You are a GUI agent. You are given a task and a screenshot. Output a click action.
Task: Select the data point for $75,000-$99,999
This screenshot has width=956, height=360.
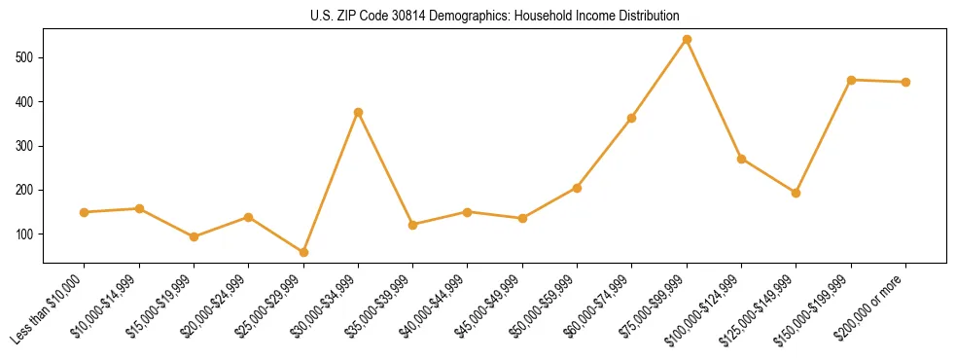[687, 40]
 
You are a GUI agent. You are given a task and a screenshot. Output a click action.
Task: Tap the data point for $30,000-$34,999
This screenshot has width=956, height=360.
[358, 113]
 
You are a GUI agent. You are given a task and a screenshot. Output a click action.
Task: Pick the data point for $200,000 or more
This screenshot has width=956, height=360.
[905, 82]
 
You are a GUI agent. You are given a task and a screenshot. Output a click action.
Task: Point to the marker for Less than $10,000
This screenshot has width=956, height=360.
[85, 212]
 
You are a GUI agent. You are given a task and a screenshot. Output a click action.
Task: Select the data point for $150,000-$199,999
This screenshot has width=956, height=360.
[851, 80]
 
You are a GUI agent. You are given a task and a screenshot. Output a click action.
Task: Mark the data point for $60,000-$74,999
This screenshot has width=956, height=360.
[632, 119]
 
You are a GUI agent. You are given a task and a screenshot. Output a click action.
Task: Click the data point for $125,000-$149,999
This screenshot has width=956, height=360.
[797, 193]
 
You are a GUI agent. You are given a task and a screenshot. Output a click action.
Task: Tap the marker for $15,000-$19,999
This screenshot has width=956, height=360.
[194, 236]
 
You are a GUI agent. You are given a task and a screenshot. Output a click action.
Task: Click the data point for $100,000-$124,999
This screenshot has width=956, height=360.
[742, 159]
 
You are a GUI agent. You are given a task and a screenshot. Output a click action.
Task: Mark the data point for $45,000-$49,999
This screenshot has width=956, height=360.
[522, 218]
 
